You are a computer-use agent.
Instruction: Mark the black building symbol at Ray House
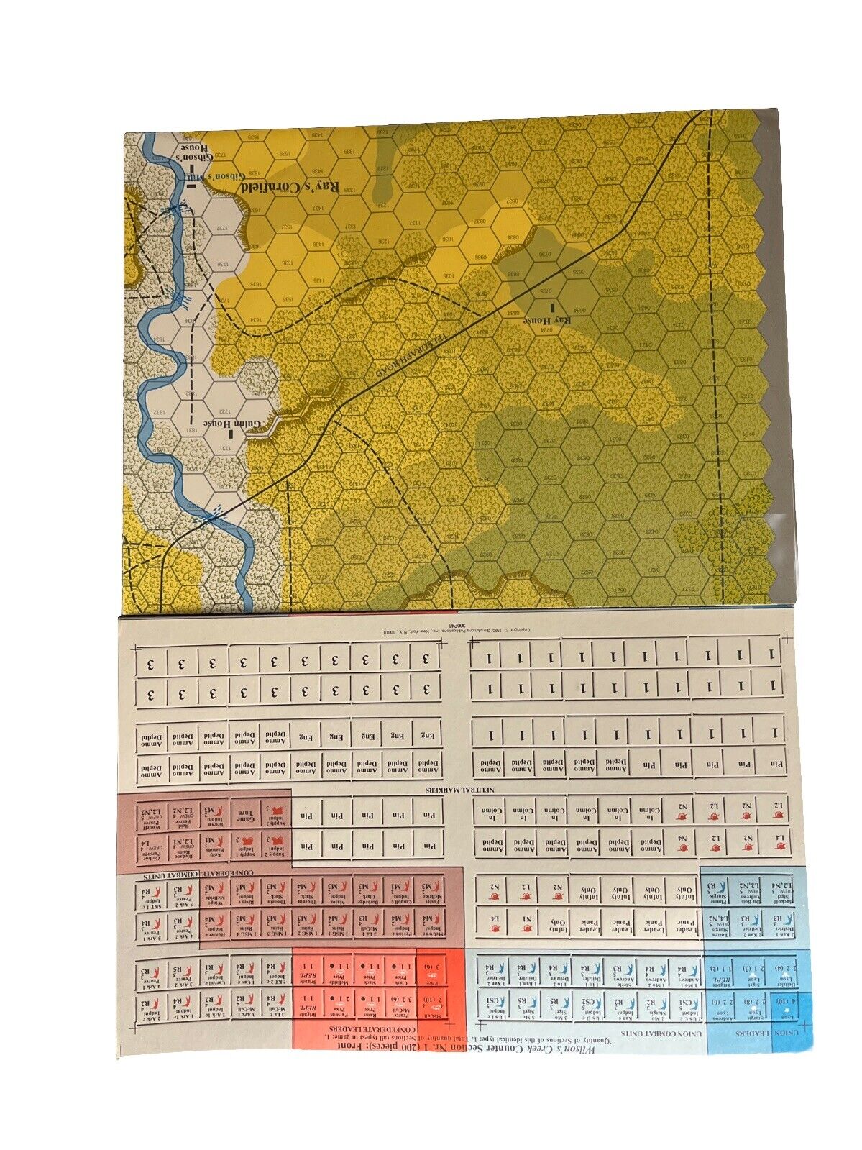553,308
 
